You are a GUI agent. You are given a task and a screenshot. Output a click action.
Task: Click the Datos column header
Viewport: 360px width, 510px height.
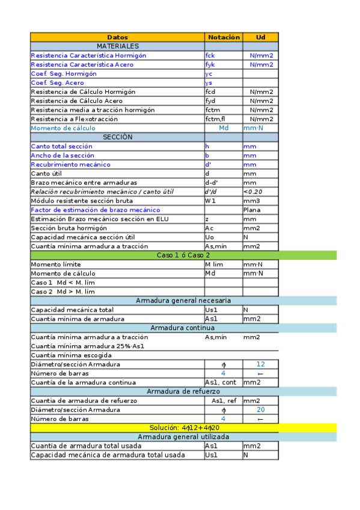[117, 37]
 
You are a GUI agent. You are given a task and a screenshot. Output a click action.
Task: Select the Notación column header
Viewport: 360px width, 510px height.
[224, 37]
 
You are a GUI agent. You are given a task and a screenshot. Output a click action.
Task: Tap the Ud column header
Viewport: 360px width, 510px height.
[260, 37]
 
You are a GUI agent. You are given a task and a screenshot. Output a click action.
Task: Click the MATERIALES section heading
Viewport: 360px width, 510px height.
[118, 46]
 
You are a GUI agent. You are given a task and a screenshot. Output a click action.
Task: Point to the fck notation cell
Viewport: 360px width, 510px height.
[210, 55]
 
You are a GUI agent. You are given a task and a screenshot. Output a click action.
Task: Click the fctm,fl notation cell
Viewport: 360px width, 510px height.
[215, 119]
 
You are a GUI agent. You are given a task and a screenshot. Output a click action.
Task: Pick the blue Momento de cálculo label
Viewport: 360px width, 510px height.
[63, 128]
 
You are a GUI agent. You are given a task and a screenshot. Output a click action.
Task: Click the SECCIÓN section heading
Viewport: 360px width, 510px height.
[118, 137]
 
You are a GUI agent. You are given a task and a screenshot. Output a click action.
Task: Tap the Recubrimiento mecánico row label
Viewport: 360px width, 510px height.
[70, 164]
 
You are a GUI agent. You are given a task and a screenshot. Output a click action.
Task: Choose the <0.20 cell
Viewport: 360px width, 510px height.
[252, 191]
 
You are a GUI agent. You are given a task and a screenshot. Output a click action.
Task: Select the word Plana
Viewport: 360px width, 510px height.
[252, 210]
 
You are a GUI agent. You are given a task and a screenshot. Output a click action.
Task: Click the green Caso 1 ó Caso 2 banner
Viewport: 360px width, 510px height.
[183, 255]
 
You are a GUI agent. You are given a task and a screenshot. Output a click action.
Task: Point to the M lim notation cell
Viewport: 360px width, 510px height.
[215, 264]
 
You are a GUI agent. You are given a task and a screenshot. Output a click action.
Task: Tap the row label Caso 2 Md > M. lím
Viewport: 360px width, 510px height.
[63, 292]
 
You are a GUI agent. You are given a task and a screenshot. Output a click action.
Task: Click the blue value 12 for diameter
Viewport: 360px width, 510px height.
[260, 364]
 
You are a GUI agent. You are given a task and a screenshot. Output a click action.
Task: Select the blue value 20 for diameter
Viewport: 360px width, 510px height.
[260, 410]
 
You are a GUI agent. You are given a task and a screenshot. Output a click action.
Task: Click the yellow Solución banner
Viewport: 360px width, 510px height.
[183, 428]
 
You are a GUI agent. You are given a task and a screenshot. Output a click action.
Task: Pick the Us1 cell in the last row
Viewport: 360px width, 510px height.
[211, 455]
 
